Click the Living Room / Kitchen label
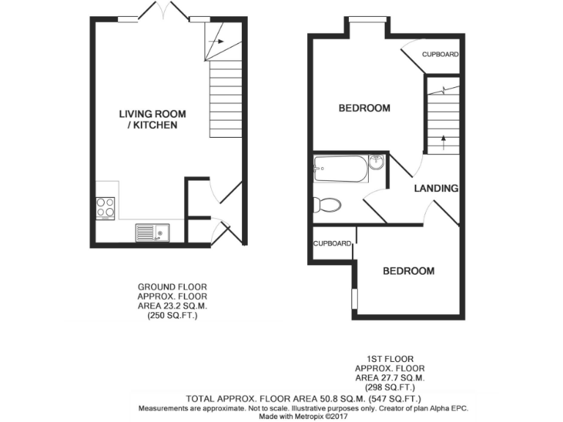click(x=152, y=119)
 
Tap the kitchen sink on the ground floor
click(x=152, y=233)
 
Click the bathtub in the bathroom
click(x=340, y=169)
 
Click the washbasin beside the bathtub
click(x=376, y=162)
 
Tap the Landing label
click(x=436, y=188)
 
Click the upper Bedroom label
click(x=364, y=108)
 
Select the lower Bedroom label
click(x=408, y=271)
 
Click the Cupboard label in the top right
click(x=441, y=54)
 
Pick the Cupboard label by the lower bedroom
click(x=332, y=244)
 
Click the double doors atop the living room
click(x=164, y=12)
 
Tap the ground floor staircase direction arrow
click(x=215, y=42)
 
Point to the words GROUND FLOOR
click(x=172, y=286)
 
